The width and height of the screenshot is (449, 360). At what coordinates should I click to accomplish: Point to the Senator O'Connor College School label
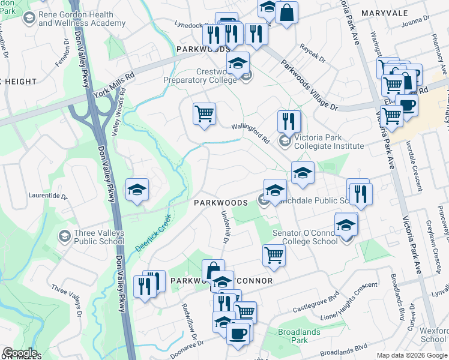click(304, 236)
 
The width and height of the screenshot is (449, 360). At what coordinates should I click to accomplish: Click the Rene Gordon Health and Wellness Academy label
click(82, 19)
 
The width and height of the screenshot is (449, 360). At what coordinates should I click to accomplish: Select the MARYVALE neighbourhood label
click(384, 13)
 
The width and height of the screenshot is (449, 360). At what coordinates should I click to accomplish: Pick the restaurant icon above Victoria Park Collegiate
click(289, 121)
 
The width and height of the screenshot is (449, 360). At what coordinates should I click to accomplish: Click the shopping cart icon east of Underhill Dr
click(274, 254)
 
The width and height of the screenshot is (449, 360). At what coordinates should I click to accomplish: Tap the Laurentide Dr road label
click(48, 196)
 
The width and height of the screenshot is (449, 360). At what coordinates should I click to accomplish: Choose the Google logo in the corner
click(20, 353)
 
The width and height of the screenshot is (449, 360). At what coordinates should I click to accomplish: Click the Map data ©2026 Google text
click(411, 355)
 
